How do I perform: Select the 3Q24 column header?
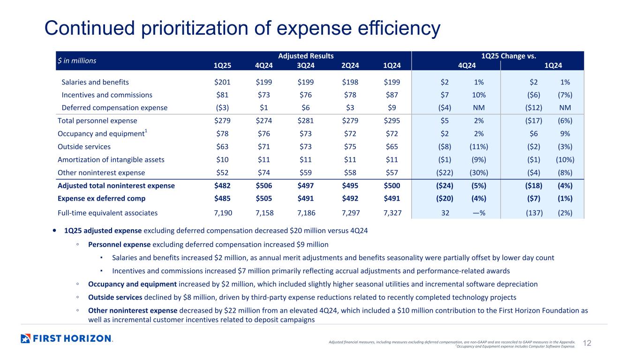307,66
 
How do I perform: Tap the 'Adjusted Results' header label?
306,56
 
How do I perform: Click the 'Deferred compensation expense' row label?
114,108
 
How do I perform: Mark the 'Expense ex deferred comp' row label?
101,198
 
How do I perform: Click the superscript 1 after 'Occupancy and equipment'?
146,131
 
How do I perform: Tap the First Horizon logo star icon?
26,338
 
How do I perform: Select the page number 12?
586,344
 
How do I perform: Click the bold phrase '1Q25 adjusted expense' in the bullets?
103,231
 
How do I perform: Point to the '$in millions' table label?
76,60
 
